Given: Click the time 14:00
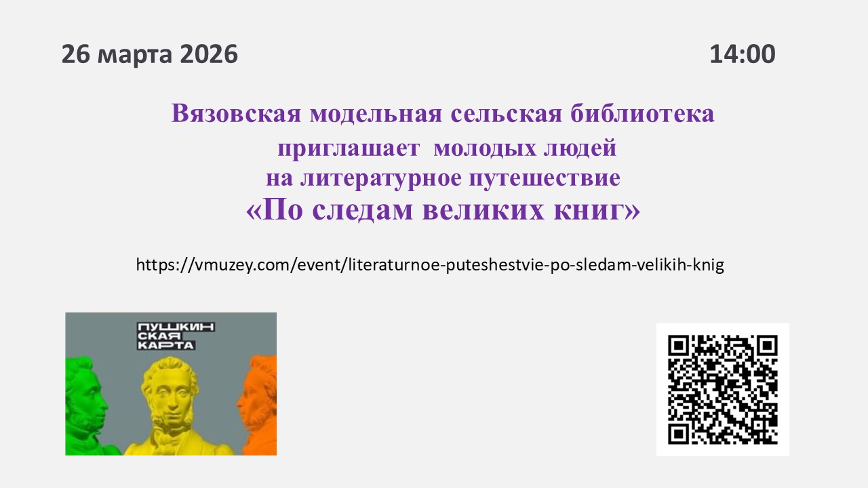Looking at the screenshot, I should pyautogui.click(x=743, y=54).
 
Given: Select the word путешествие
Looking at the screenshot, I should pyautogui.click(x=544, y=178).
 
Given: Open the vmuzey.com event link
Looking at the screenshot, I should pyautogui.click(x=430, y=264).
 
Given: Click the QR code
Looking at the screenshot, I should pyautogui.click(x=722, y=389).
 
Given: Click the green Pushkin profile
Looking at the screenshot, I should pyautogui.click(x=87, y=407).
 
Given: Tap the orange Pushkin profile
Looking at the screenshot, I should pyautogui.click(x=259, y=407).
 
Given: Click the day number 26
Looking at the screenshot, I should pyautogui.click(x=76, y=54).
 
